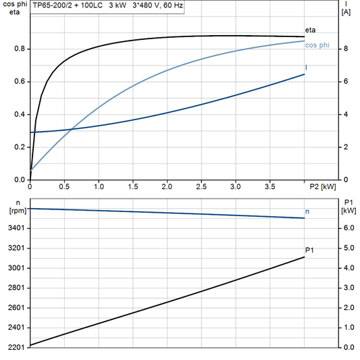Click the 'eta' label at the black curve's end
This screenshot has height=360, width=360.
click(x=310, y=30)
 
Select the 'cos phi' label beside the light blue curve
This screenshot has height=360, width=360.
click(x=317, y=45)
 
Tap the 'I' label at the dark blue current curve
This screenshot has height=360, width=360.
click(x=307, y=68)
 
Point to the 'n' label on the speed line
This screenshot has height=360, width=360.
click(x=308, y=211)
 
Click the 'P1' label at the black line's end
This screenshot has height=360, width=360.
click(x=310, y=251)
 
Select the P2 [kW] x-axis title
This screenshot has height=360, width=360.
click(x=323, y=187)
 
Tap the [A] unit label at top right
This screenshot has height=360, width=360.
click(x=346, y=12)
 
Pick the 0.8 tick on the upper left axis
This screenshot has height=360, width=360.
click(x=20, y=49)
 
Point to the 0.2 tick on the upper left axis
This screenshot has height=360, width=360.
click(x=20, y=147)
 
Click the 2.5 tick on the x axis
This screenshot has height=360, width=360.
click(x=201, y=187)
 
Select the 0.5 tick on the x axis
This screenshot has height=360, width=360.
click(x=64, y=187)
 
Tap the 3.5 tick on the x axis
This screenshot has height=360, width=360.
click(x=269, y=187)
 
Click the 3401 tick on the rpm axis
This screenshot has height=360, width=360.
click(x=16, y=228)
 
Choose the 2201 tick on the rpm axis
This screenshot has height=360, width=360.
click(x=16, y=347)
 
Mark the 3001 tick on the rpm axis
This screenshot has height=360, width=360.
click(x=16, y=268)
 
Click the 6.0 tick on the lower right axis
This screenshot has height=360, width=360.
click(x=346, y=228)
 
